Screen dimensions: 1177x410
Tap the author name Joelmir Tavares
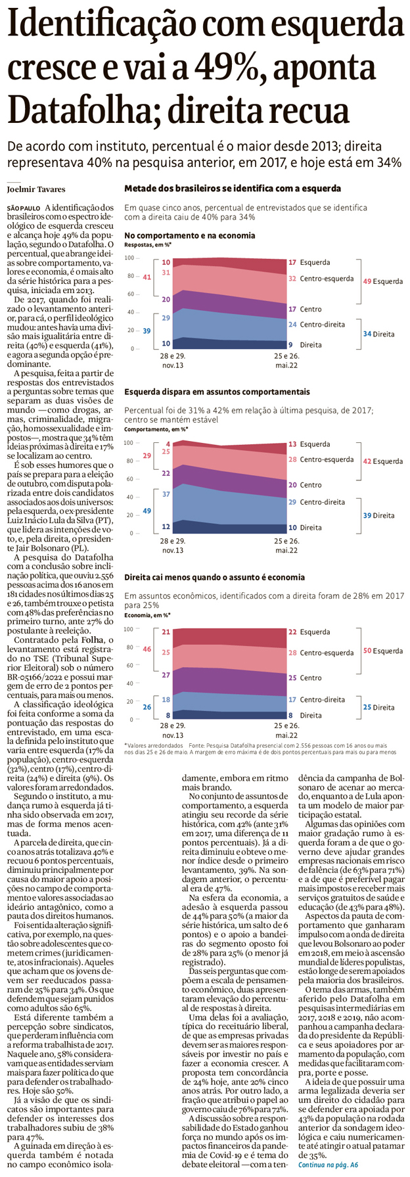pyautogui.click(x=37, y=190)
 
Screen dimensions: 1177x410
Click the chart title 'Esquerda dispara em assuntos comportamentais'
pyautogui.click(x=217, y=392)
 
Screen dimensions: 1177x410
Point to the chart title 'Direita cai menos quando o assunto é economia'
pyautogui.click(x=214, y=578)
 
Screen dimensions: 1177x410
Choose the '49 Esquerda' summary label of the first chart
pyautogui.click(x=383, y=281)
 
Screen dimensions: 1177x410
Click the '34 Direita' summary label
pyautogui.click(x=379, y=334)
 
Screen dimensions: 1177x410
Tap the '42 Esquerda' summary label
pyautogui.click(x=383, y=461)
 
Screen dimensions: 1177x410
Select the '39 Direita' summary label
pyautogui.click(x=379, y=516)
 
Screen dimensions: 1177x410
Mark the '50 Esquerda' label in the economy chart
pyautogui.click(x=383, y=651)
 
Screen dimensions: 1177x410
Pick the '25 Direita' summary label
pyautogui.click(x=379, y=708)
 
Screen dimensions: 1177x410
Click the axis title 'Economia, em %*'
pyautogui.click(x=147, y=616)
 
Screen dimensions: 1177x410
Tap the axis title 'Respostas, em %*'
pyautogui.click(x=146, y=244)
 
